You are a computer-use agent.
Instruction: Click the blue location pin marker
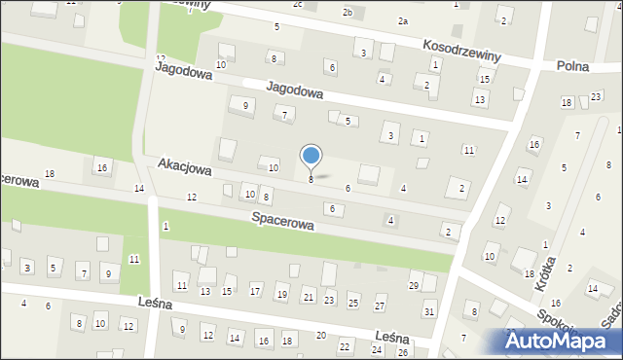click(311, 157)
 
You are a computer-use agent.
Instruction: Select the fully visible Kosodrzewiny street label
click(461, 51)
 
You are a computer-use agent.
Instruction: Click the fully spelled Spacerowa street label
click(282, 222)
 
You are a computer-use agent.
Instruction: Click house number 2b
click(348, 12)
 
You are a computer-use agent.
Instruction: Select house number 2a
click(402, 20)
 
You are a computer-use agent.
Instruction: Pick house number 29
click(413, 285)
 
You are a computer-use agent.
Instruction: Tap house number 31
click(429, 311)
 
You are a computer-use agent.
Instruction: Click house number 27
click(380, 306)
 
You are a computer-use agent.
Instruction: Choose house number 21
click(308, 297)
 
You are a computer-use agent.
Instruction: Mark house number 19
click(281, 294)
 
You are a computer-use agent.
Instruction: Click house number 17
click(255, 290)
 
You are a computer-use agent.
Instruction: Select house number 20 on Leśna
click(321, 335)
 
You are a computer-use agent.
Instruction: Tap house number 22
click(345, 346)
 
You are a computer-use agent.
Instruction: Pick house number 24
click(377, 349)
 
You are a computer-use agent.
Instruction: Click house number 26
click(403, 352)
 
